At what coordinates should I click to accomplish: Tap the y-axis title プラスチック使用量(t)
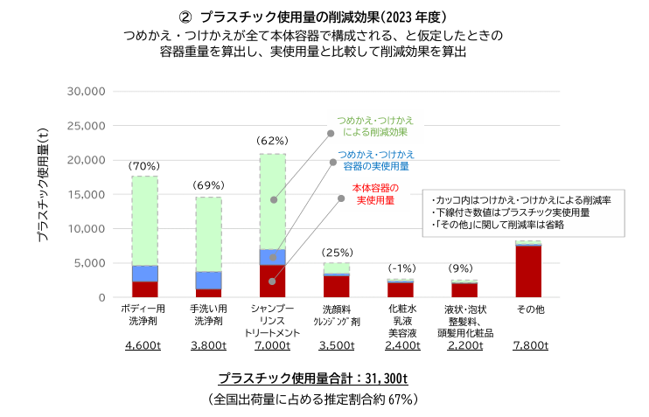[43, 194]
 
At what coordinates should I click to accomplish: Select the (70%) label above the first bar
[144, 165]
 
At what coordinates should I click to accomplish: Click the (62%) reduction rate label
[272, 141]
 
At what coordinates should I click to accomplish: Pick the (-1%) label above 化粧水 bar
[400, 268]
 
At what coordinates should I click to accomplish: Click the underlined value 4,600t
[144, 345]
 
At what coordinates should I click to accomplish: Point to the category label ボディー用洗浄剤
[144, 315]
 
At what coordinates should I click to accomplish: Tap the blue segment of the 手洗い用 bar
[208, 280]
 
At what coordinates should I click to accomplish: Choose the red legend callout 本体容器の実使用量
[375, 194]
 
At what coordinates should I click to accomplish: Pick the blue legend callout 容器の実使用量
[376, 159]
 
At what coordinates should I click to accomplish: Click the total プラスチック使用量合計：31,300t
[313, 379]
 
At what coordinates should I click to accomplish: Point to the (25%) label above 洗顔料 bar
[336, 253]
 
